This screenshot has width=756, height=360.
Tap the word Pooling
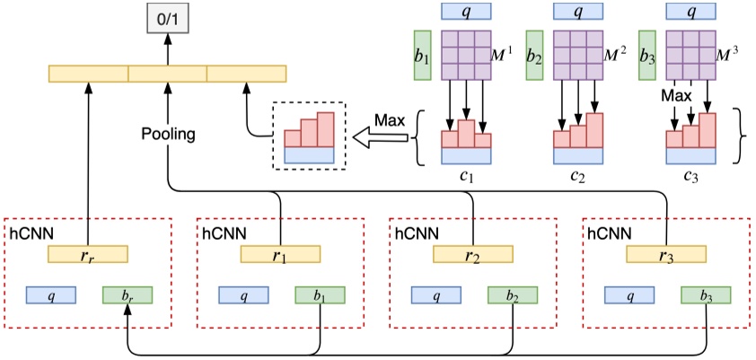168,135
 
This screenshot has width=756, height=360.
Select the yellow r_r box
88,256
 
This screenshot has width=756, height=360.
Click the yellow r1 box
280,256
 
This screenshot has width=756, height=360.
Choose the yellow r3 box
665,256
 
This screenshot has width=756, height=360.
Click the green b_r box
127,294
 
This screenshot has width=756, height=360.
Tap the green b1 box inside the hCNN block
320,294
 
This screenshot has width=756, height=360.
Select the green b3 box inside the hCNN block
705,294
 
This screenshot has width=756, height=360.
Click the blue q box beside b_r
51,294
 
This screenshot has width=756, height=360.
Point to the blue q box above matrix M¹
467,12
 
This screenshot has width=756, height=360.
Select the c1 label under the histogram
466,178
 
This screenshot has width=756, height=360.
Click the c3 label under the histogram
690,178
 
